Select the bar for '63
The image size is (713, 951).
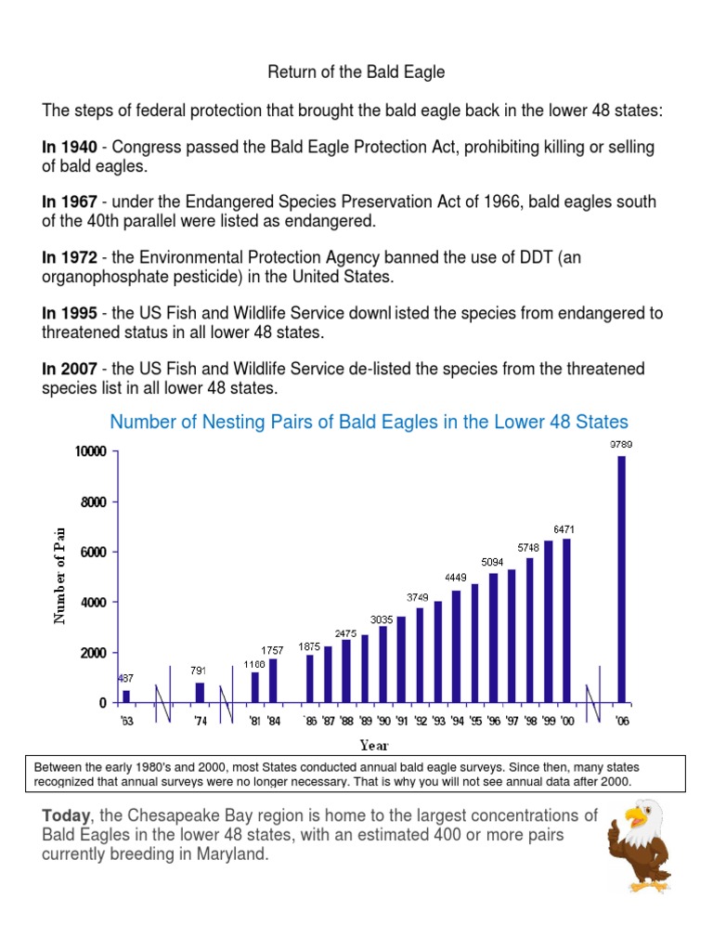click(x=126, y=696)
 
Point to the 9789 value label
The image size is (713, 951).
click(x=621, y=445)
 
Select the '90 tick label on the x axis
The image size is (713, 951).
click(x=382, y=721)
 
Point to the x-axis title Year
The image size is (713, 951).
click(x=374, y=745)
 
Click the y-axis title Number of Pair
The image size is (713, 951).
click(x=59, y=572)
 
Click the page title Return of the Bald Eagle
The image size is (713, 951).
click(x=356, y=72)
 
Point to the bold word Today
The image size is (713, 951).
click(x=65, y=815)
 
